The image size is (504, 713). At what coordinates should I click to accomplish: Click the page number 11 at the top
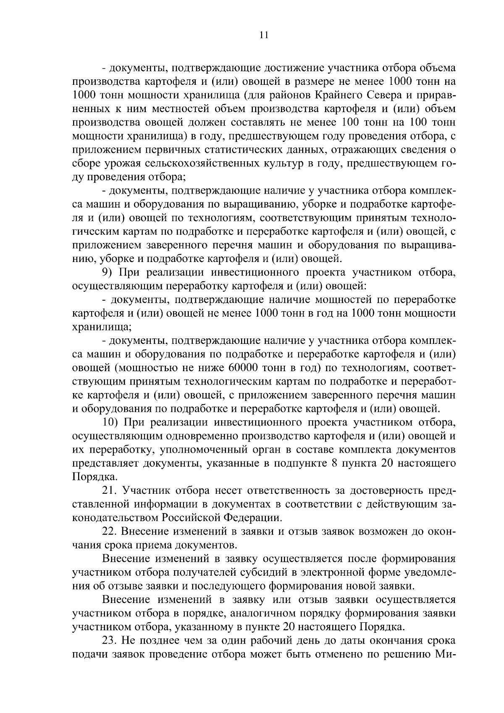[264, 35]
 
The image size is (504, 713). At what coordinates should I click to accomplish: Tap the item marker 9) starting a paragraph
[106, 273]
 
